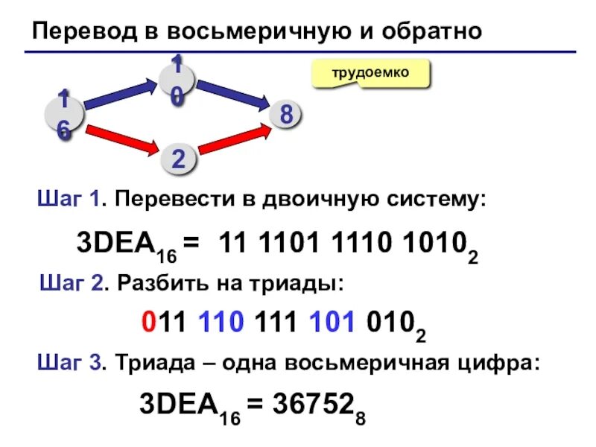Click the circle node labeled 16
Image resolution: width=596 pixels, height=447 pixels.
point(62,115)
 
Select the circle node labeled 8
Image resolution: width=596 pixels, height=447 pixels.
point(285,115)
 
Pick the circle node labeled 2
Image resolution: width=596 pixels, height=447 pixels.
point(179,159)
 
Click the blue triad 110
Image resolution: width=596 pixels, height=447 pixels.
point(222,323)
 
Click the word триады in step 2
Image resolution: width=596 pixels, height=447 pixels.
point(305,284)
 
